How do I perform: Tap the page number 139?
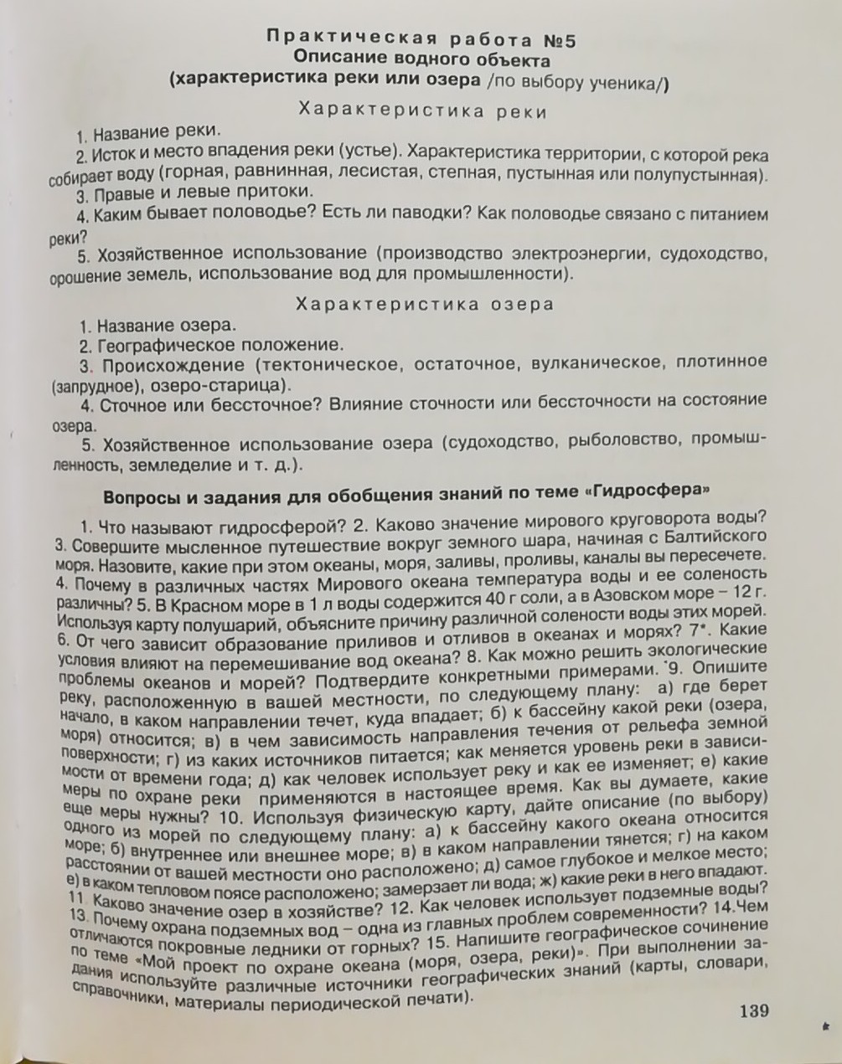coord(753,1010)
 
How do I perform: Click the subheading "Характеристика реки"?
coord(423,111)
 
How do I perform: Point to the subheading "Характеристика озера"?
coord(425,304)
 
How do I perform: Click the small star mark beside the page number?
coord(826,1025)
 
